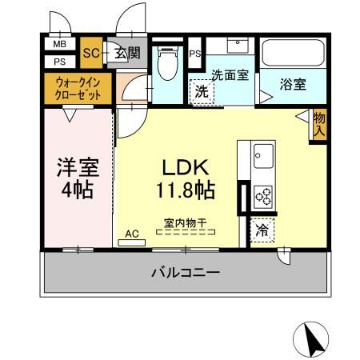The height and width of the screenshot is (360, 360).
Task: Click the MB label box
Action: (59, 45)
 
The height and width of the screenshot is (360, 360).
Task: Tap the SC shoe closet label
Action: (90, 54)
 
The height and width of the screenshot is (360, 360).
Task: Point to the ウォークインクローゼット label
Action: (78, 87)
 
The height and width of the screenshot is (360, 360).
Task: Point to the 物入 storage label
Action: (319, 124)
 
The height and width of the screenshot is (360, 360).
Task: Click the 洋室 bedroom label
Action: (77, 179)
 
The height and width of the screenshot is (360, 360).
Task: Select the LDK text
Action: (186, 169)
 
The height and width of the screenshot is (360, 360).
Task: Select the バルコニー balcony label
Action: (186, 274)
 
